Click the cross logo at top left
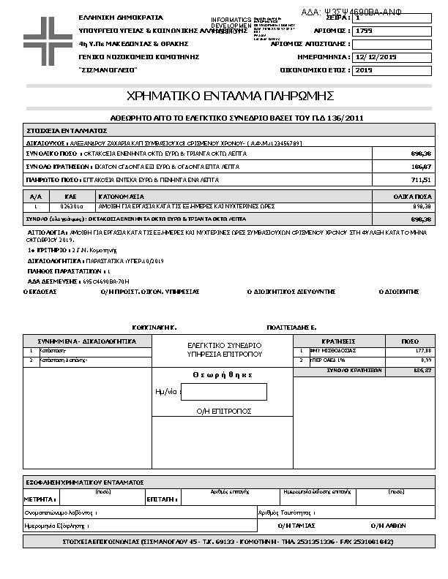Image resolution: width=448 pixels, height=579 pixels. (x=44, y=37)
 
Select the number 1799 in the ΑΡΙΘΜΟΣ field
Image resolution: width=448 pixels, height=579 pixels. (x=364, y=31)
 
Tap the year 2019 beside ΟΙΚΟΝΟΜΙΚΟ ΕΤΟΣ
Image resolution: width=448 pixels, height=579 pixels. (x=364, y=70)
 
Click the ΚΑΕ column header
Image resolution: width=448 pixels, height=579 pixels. (x=71, y=197)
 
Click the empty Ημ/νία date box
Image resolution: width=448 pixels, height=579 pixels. (x=223, y=392)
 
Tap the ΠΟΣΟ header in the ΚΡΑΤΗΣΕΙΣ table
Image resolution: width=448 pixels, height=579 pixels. (x=410, y=341)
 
